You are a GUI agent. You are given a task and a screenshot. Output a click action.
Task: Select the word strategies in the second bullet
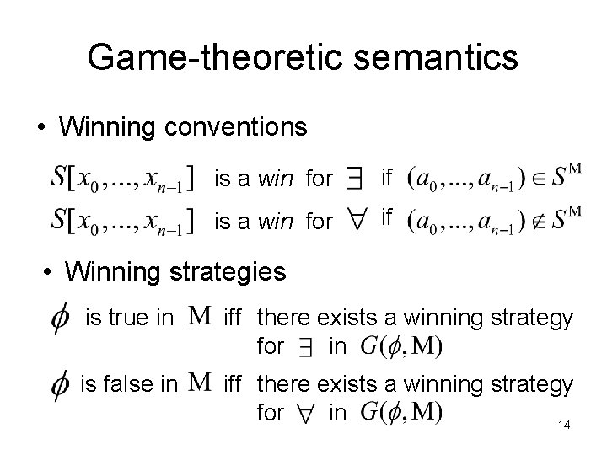coord(226,271)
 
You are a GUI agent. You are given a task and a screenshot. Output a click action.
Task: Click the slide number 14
coord(564,426)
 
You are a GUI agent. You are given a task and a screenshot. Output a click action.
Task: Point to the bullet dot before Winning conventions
coord(41,129)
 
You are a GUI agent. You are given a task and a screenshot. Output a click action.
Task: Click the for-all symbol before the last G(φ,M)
coord(308,413)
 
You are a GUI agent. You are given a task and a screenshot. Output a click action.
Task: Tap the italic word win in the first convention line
coord(276,179)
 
